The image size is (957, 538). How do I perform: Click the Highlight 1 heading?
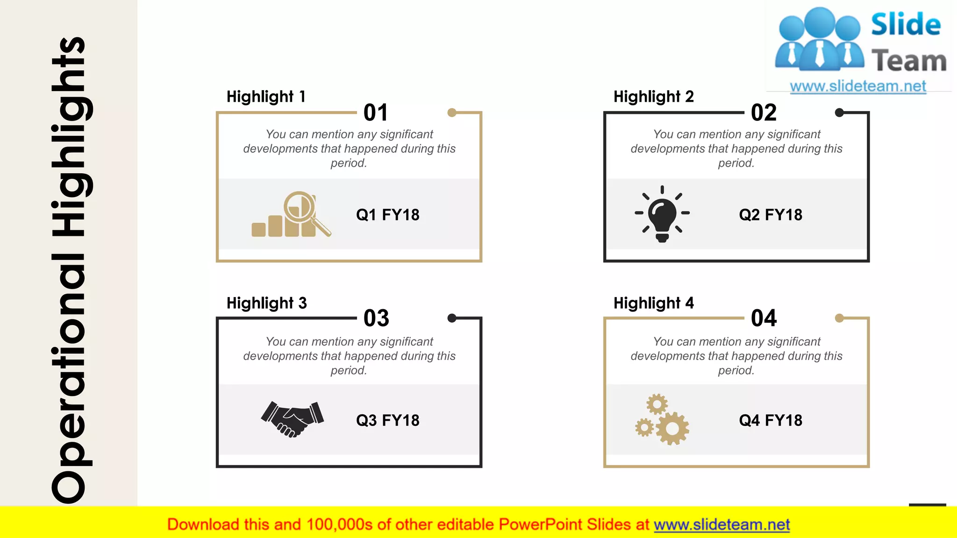[266, 97]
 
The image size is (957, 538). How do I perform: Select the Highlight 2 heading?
[653, 97]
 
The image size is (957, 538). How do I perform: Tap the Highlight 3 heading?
[266, 303]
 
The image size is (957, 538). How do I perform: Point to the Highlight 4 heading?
[653, 303]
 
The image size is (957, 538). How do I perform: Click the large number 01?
[376, 113]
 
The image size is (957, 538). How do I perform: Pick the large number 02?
[764, 113]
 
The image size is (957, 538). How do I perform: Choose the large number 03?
[376, 318]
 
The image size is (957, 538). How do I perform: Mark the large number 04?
[764, 318]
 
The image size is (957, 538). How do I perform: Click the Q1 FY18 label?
[387, 215]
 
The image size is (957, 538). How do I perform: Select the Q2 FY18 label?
[771, 215]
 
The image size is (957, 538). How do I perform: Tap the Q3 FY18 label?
[387, 420]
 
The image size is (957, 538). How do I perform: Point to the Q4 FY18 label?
[771, 420]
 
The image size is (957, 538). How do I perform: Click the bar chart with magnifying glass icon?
[291, 214]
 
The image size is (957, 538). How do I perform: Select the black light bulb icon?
[662, 214]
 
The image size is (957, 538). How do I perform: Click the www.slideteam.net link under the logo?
[858, 86]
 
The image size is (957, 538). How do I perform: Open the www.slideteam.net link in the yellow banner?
[721, 524]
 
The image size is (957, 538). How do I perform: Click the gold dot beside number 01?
[452, 113]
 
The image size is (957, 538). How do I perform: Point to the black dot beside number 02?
[839, 113]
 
